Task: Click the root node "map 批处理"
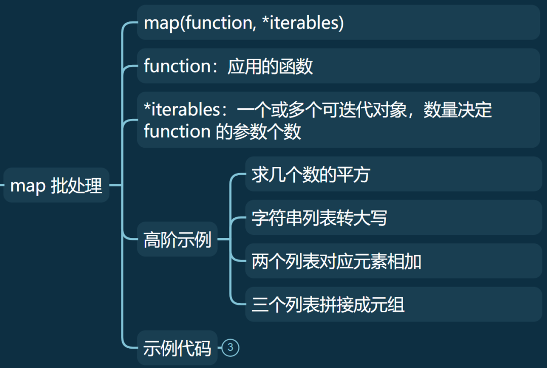tap(56, 186)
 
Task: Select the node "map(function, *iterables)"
tap(244, 23)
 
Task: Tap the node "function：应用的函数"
tap(228, 66)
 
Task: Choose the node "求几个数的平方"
tap(310, 175)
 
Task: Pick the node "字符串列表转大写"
tap(319, 218)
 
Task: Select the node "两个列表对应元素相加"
tap(336, 262)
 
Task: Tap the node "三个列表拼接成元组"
tap(328, 305)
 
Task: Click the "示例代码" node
tap(177, 348)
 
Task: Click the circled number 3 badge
tap(230, 347)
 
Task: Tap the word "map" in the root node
tap(28, 186)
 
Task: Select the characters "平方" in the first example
tap(353, 175)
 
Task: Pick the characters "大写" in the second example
tap(370, 218)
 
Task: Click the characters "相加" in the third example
tap(405, 262)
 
